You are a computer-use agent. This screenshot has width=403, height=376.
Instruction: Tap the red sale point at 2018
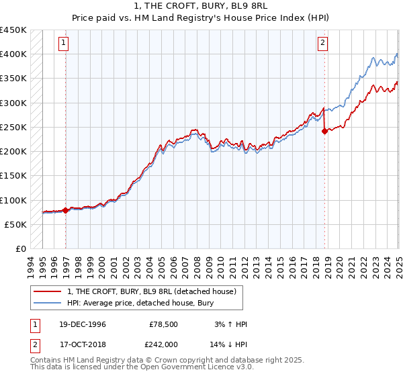point(324,132)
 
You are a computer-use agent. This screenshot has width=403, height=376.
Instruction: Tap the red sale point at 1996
point(66,210)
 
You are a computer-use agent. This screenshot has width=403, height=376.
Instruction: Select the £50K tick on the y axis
point(16,224)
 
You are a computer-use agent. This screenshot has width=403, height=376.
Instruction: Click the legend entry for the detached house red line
point(152,292)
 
